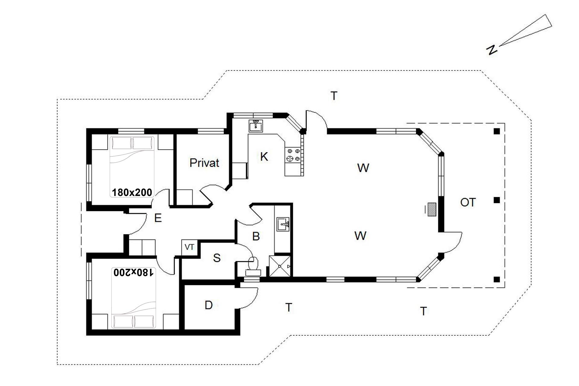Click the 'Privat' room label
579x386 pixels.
204,163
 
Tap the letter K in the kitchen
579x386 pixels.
264,157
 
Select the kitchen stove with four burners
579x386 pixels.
293,155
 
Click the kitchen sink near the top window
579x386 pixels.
256,126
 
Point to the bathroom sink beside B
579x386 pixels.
283,224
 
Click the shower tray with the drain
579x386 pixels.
280,266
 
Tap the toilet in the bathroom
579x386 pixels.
253,267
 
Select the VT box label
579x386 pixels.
189,247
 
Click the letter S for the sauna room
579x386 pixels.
217,258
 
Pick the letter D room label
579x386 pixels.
209,305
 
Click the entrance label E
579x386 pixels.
158,218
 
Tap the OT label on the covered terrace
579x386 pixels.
468,202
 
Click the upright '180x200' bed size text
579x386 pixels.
132,192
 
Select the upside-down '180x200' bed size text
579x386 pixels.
134,272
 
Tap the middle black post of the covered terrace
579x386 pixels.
497,200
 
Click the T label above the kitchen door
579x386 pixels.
334,96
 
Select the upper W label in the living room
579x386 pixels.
363,168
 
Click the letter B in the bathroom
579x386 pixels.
256,236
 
